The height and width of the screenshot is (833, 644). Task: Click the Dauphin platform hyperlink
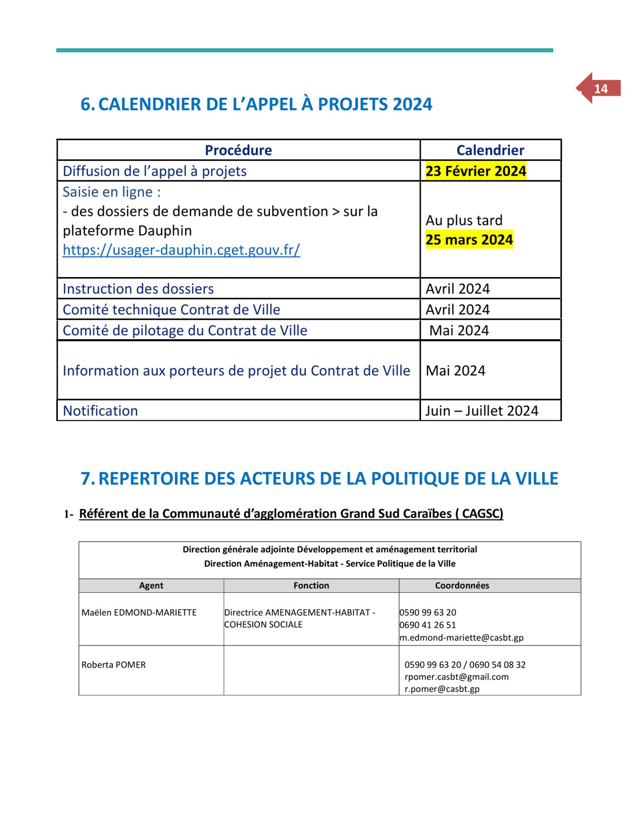click(x=181, y=250)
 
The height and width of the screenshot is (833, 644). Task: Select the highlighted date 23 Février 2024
click(x=476, y=171)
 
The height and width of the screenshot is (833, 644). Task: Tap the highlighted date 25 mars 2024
click(x=469, y=240)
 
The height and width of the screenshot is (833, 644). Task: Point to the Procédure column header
click(x=238, y=150)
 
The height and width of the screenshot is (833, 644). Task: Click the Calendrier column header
click(x=490, y=150)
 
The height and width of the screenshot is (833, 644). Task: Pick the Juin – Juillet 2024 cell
click(x=482, y=411)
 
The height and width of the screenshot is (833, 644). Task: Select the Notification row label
click(x=100, y=411)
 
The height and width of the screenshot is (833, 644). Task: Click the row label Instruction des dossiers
click(x=138, y=289)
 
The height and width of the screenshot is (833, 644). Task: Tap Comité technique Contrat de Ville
click(x=171, y=310)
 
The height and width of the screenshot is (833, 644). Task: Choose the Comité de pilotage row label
click(x=185, y=331)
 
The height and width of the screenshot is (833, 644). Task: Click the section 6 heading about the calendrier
click(x=257, y=104)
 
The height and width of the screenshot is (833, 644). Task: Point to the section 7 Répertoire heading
click(x=320, y=479)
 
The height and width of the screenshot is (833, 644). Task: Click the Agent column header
click(x=151, y=586)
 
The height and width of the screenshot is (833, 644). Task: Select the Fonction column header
click(x=311, y=586)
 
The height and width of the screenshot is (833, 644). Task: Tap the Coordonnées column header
click(x=462, y=586)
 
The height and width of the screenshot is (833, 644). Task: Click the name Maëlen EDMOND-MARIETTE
click(x=139, y=613)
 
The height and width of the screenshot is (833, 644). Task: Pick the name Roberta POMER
click(x=114, y=665)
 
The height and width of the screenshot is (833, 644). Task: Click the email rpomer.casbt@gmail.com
click(x=457, y=677)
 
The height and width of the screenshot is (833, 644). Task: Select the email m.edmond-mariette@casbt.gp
click(x=462, y=638)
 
